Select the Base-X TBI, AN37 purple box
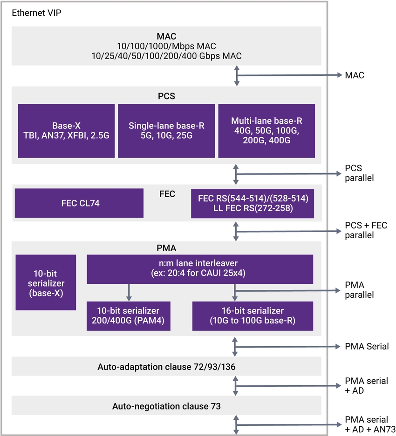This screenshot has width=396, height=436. pyautogui.click(x=66, y=130)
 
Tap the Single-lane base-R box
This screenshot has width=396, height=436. pyautogui.click(x=166, y=130)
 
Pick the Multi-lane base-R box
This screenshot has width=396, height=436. pyautogui.click(x=266, y=130)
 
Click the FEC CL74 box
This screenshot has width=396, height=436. pyautogui.click(x=79, y=203)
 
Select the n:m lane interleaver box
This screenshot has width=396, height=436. pyautogui.click(x=200, y=269)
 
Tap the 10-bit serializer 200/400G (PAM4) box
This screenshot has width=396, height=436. pyautogui.click(x=129, y=315)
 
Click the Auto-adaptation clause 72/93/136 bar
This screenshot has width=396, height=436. pyautogui.click(x=166, y=367)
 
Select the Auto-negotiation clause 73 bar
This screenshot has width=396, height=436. pyautogui.click(x=166, y=406)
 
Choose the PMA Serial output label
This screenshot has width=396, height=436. pyautogui.click(x=366, y=347)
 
